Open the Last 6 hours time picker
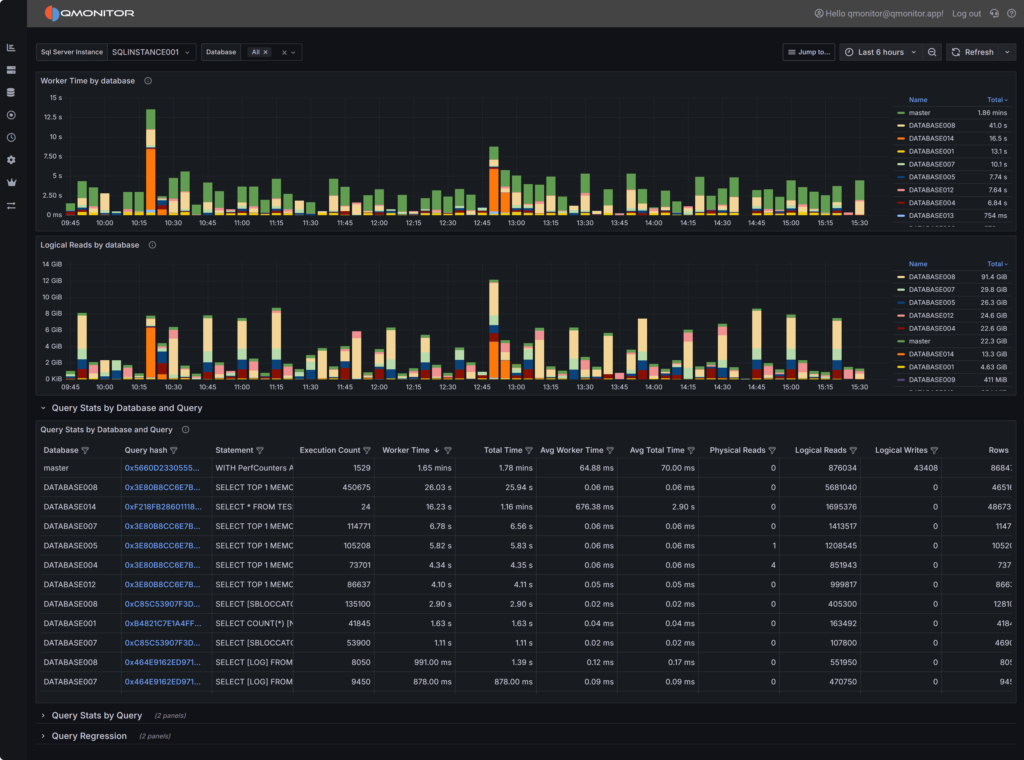click(x=880, y=52)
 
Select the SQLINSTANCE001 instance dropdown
click(x=150, y=52)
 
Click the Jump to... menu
click(x=808, y=52)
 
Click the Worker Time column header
click(x=406, y=450)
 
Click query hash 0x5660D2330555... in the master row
click(x=162, y=468)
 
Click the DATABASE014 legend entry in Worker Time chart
click(x=931, y=139)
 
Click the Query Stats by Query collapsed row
click(x=97, y=716)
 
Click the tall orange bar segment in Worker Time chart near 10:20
click(x=150, y=180)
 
